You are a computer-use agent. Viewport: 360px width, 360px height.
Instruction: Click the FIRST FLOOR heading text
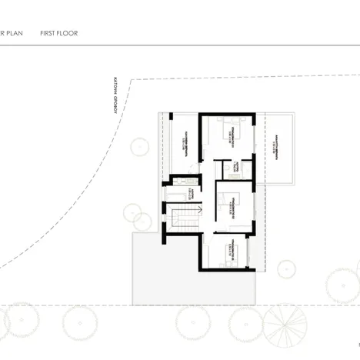click(x=59, y=34)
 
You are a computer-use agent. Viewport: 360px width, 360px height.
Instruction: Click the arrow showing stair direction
click(x=197, y=208)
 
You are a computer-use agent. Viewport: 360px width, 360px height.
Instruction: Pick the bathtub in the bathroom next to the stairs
click(x=183, y=182)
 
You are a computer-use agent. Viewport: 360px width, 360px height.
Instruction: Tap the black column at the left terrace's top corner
click(x=172, y=116)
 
